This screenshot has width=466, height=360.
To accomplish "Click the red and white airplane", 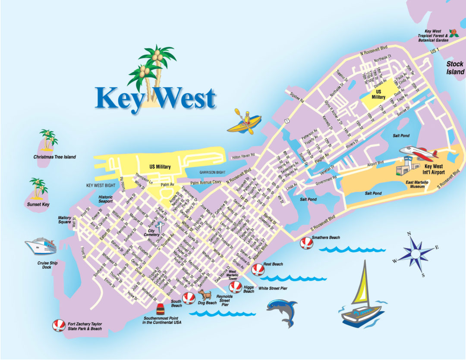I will pyautogui.click(x=418, y=152).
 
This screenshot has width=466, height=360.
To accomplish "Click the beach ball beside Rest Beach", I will pyautogui.click(x=258, y=270).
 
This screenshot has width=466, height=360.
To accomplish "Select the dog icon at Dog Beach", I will pyautogui.click(x=205, y=295).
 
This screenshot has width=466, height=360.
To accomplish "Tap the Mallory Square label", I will pyautogui.click(x=65, y=220).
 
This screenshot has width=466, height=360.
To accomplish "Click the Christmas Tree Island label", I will pyautogui.click(x=54, y=157).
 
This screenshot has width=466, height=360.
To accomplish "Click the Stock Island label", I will pyautogui.click(x=455, y=68).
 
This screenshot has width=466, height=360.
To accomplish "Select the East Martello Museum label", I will pyautogui.click(x=417, y=185).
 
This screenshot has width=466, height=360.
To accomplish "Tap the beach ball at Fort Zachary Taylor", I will pyautogui.click(x=58, y=326).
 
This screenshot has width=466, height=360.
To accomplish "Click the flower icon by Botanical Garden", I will pyautogui.click(x=453, y=33).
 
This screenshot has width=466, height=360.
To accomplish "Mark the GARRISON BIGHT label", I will pyautogui.click(x=212, y=172).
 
